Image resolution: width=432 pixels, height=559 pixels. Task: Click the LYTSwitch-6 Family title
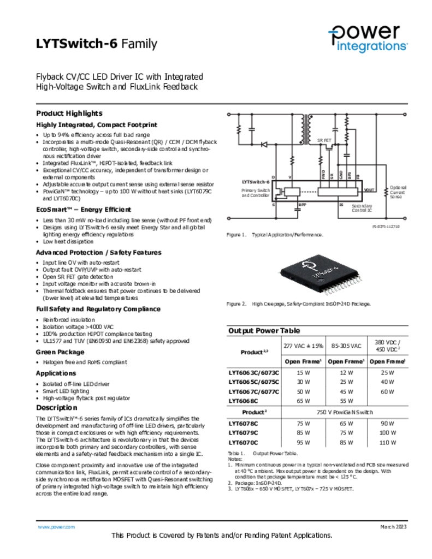click(96, 44)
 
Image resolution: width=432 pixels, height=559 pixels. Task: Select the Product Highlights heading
click(69, 114)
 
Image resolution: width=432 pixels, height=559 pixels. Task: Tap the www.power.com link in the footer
click(56, 527)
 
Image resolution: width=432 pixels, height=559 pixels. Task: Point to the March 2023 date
click(393, 527)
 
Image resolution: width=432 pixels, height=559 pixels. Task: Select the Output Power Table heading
click(264, 331)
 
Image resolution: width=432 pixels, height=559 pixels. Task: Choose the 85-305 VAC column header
click(346, 346)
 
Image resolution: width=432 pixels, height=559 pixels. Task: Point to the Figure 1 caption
click(275, 235)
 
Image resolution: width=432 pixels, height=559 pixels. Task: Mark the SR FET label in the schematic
click(324, 140)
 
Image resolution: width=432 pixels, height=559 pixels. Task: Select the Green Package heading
click(60, 352)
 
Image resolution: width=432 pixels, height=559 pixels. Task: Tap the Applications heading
click(56, 373)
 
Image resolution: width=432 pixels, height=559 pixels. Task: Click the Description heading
click(57, 408)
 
